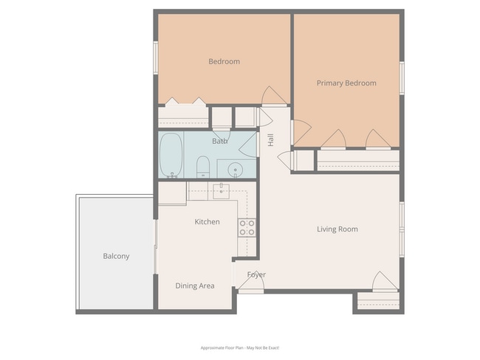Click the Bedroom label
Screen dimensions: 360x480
224,62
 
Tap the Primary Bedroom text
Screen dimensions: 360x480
346,83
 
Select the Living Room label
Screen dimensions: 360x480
337,229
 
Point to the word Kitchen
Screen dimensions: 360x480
207,222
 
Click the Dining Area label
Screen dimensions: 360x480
195,285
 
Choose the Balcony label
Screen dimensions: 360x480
116,257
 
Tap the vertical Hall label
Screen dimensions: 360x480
271,139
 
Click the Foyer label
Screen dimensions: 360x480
256,275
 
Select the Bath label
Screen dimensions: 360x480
220,141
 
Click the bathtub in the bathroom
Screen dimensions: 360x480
171,155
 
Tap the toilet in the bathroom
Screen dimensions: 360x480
202,167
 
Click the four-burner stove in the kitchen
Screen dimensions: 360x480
247,228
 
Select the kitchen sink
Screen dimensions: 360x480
221,191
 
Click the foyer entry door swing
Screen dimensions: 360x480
251,281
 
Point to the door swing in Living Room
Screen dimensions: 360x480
385,281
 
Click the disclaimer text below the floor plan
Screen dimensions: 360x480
240,347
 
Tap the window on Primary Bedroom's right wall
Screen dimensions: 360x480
402,77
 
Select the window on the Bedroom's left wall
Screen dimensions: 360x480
156,57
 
